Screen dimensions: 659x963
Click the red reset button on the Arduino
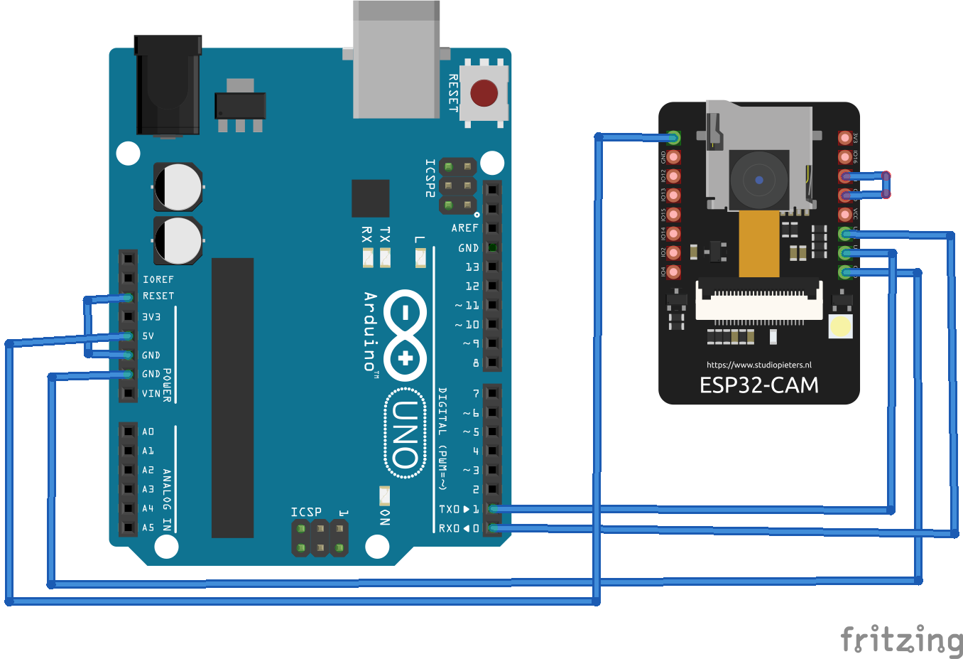tap(484, 93)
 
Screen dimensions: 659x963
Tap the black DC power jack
tap(168, 85)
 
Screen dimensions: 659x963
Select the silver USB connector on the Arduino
tap(396, 60)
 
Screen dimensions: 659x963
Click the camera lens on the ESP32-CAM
tap(759, 180)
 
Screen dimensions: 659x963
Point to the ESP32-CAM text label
tap(758, 385)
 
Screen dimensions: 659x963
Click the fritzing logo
tap(901, 640)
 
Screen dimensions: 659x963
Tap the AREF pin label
tap(464, 228)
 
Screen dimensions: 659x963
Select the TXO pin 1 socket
tap(493, 509)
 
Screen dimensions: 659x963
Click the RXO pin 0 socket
tap(493, 528)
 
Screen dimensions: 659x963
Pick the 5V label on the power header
tap(148, 336)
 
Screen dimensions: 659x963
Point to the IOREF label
tap(158, 279)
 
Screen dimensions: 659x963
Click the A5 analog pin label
tap(148, 527)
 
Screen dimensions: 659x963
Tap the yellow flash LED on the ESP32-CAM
tap(841, 326)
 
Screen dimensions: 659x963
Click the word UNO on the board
tap(406, 434)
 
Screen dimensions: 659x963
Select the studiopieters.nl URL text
tap(758, 365)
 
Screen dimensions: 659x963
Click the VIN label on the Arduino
tap(151, 393)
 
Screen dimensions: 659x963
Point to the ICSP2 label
tap(430, 178)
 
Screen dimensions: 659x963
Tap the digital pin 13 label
tap(472, 267)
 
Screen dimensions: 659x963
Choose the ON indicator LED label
tap(384, 517)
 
